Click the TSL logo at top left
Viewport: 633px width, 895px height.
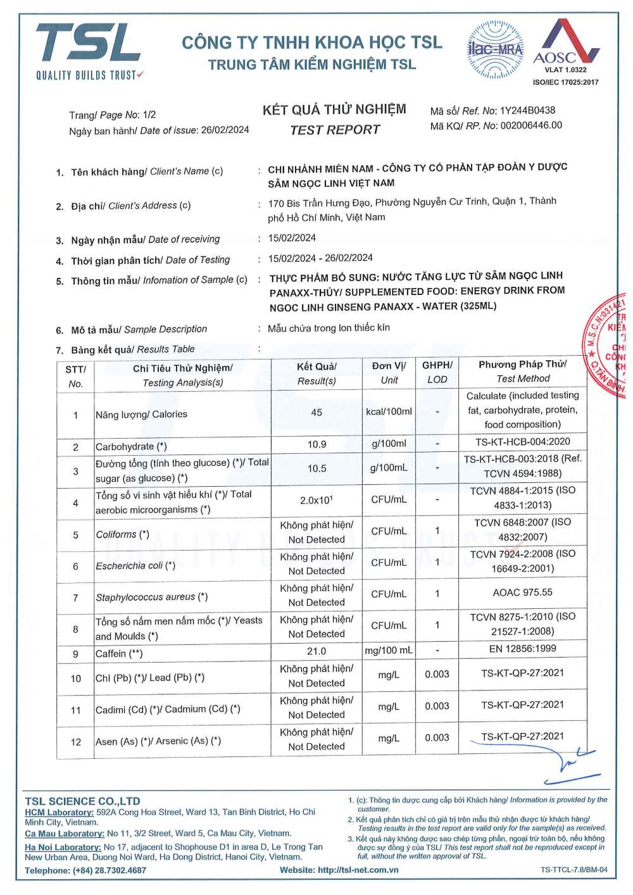pyautogui.click(x=89, y=51)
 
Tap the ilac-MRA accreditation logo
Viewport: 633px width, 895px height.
pyautogui.click(x=495, y=49)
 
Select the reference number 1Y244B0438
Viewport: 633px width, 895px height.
pyautogui.click(x=527, y=110)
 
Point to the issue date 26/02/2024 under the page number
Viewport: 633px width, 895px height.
pyautogui.click(x=225, y=130)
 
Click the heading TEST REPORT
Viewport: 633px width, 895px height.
pyautogui.click(x=335, y=130)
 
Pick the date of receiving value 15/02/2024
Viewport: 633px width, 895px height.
pyautogui.click(x=292, y=238)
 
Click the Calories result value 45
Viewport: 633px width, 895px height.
pyautogui.click(x=316, y=413)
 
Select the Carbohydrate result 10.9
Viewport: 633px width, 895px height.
pyautogui.click(x=316, y=444)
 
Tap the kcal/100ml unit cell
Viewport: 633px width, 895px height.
pyautogui.click(x=389, y=411)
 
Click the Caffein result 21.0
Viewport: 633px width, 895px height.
pyautogui.click(x=316, y=651)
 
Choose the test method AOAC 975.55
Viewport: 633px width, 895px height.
pyautogui.click(x=523, y=592)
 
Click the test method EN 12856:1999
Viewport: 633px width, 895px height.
pyautogui.click(x=523, y=649)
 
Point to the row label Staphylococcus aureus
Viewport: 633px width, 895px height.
pyautogui.click(x=151, y=597)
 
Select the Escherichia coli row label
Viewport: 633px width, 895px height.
pyautogui.click(x=135, y=566)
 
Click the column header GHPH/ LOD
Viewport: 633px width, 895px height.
pyautogui.click(x=437, y=372)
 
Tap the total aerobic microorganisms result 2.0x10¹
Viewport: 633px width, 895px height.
pyautogui.click(x=316, y=500)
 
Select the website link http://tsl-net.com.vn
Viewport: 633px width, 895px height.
pyautogui.click(x=358, y=870)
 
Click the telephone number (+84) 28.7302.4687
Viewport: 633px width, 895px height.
pyautogui.click(x=110, y=870)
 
